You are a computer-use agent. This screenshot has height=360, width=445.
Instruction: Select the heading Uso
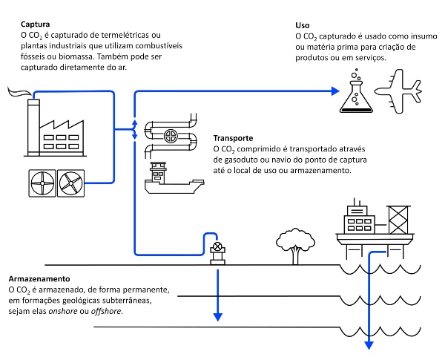[303, 24]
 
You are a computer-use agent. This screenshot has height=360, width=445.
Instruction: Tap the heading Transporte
[234, 138]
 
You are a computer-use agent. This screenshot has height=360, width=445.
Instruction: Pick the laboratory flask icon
[356, 92]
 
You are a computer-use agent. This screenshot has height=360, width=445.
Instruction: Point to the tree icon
[294, 243]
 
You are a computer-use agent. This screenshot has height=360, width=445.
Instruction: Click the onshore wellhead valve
[217, 248]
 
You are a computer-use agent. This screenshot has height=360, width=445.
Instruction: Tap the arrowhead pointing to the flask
[334, 93]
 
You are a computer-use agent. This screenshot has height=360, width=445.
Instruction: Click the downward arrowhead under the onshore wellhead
[218, 315]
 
